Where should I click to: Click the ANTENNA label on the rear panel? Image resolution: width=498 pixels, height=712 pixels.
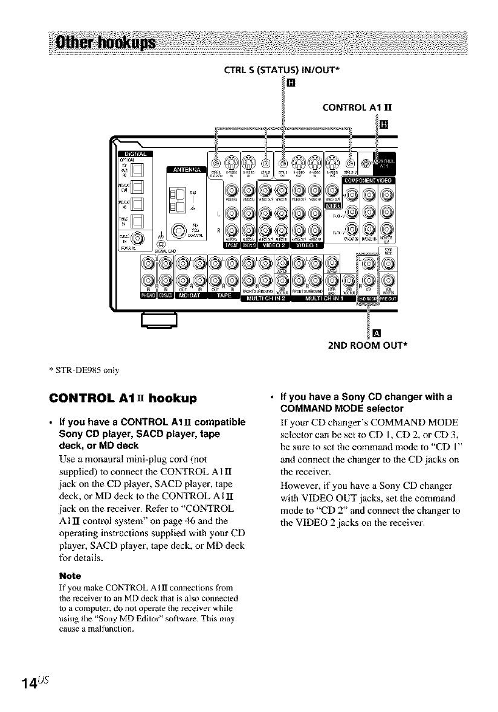point(186,169)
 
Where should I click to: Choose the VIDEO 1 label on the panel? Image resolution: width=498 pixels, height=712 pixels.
point(306,244)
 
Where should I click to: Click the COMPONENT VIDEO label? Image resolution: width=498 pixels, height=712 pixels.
point(369,180)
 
